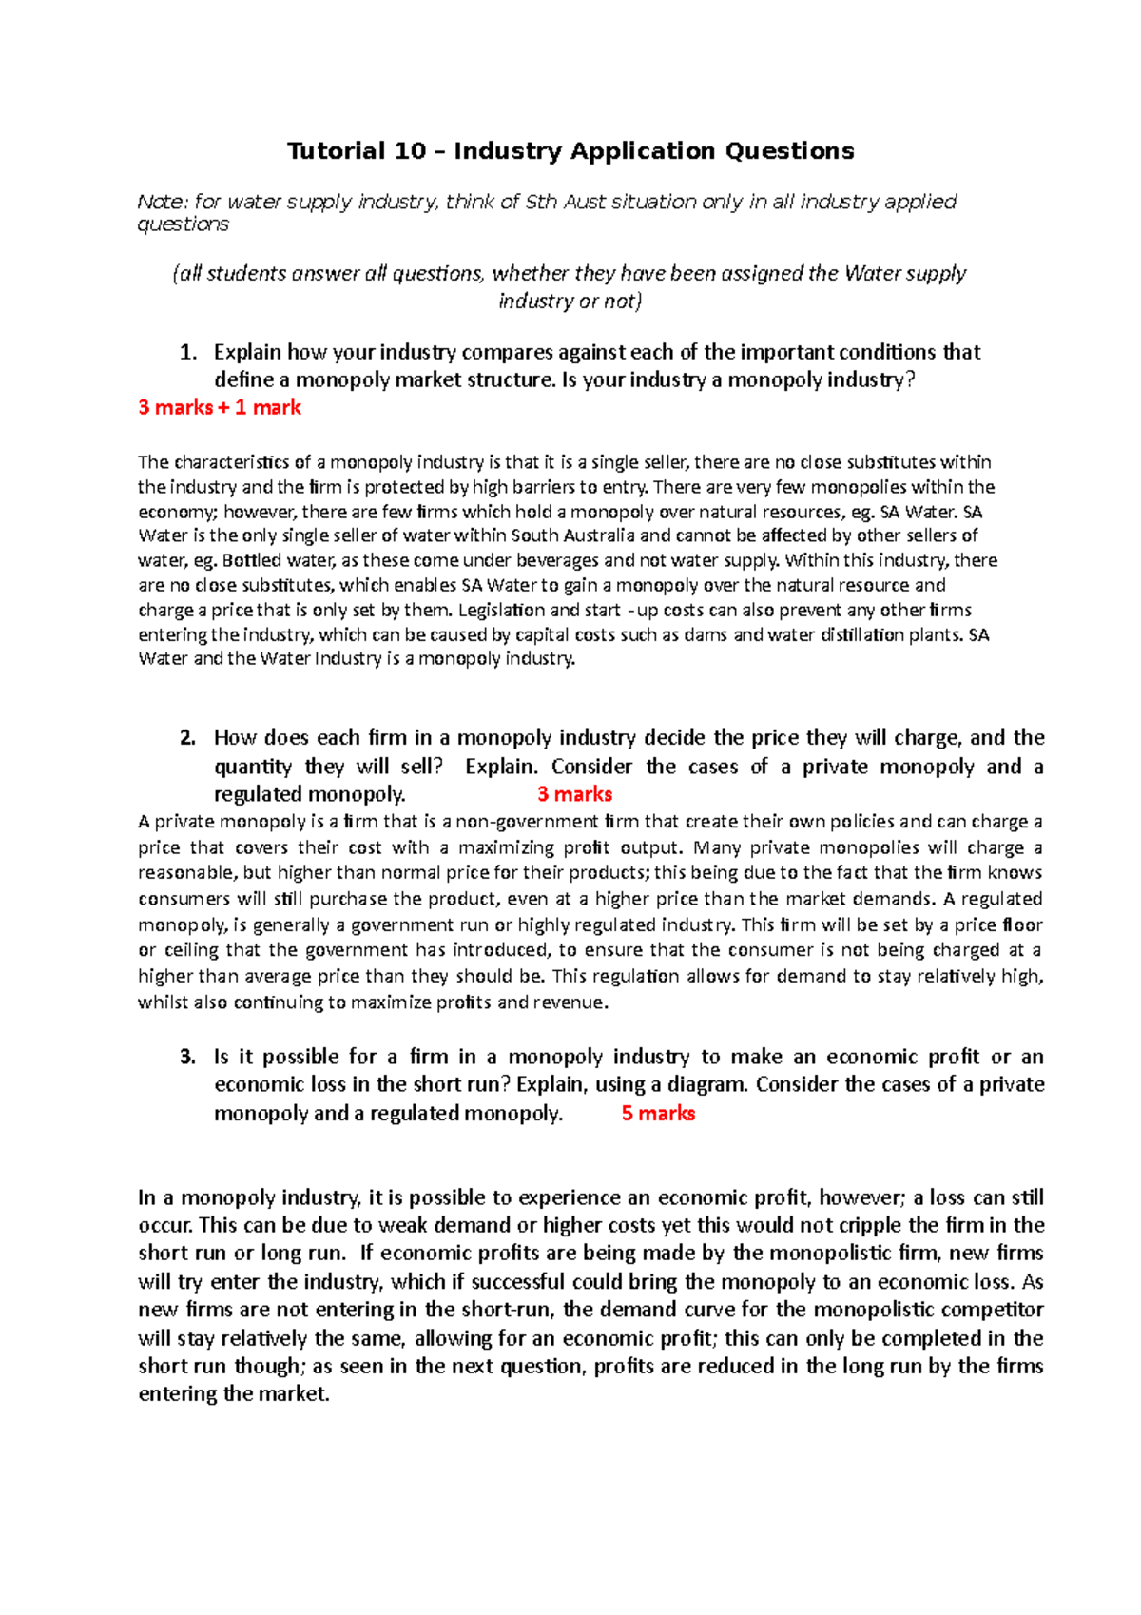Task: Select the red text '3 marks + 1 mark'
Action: pos(220,408)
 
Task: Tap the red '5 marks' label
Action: pos(658,1114)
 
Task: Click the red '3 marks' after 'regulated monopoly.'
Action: pos(574,794)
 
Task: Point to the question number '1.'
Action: pos(188,353)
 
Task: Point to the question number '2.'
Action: pos(188,738)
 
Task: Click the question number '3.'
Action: pos(188,1057)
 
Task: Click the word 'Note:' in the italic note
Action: pos(163,202)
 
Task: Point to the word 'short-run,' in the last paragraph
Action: pos(509,1310)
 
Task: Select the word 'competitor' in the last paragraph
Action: pos(995,1310)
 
